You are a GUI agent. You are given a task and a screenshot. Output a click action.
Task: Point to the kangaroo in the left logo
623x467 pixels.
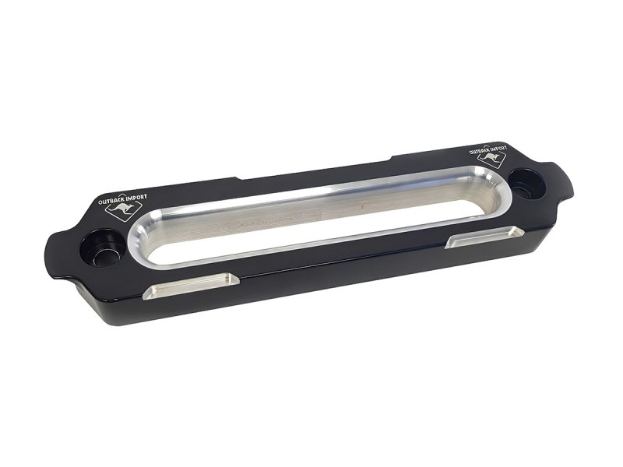click(x=121, y=210)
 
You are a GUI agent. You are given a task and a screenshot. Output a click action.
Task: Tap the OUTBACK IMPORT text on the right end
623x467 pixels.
click(x=488, y=150)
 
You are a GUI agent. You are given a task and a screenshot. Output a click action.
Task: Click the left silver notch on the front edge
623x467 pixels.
click(x=191, y=285)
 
